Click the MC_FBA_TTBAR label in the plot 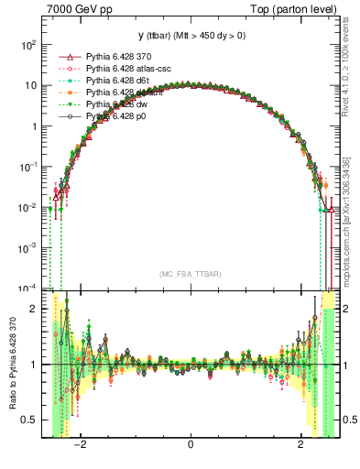pos(190,275)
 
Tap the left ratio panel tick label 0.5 pos(30,420)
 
